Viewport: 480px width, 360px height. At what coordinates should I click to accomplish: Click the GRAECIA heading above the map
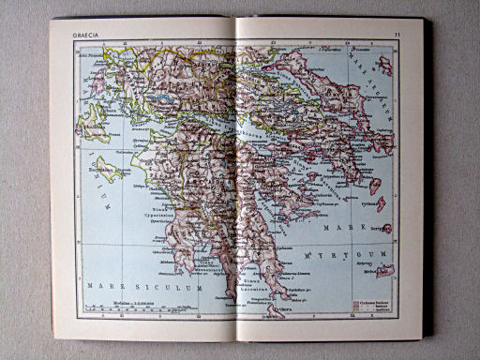click(86, 37)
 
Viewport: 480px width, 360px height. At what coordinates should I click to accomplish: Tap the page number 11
click(397, 36)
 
